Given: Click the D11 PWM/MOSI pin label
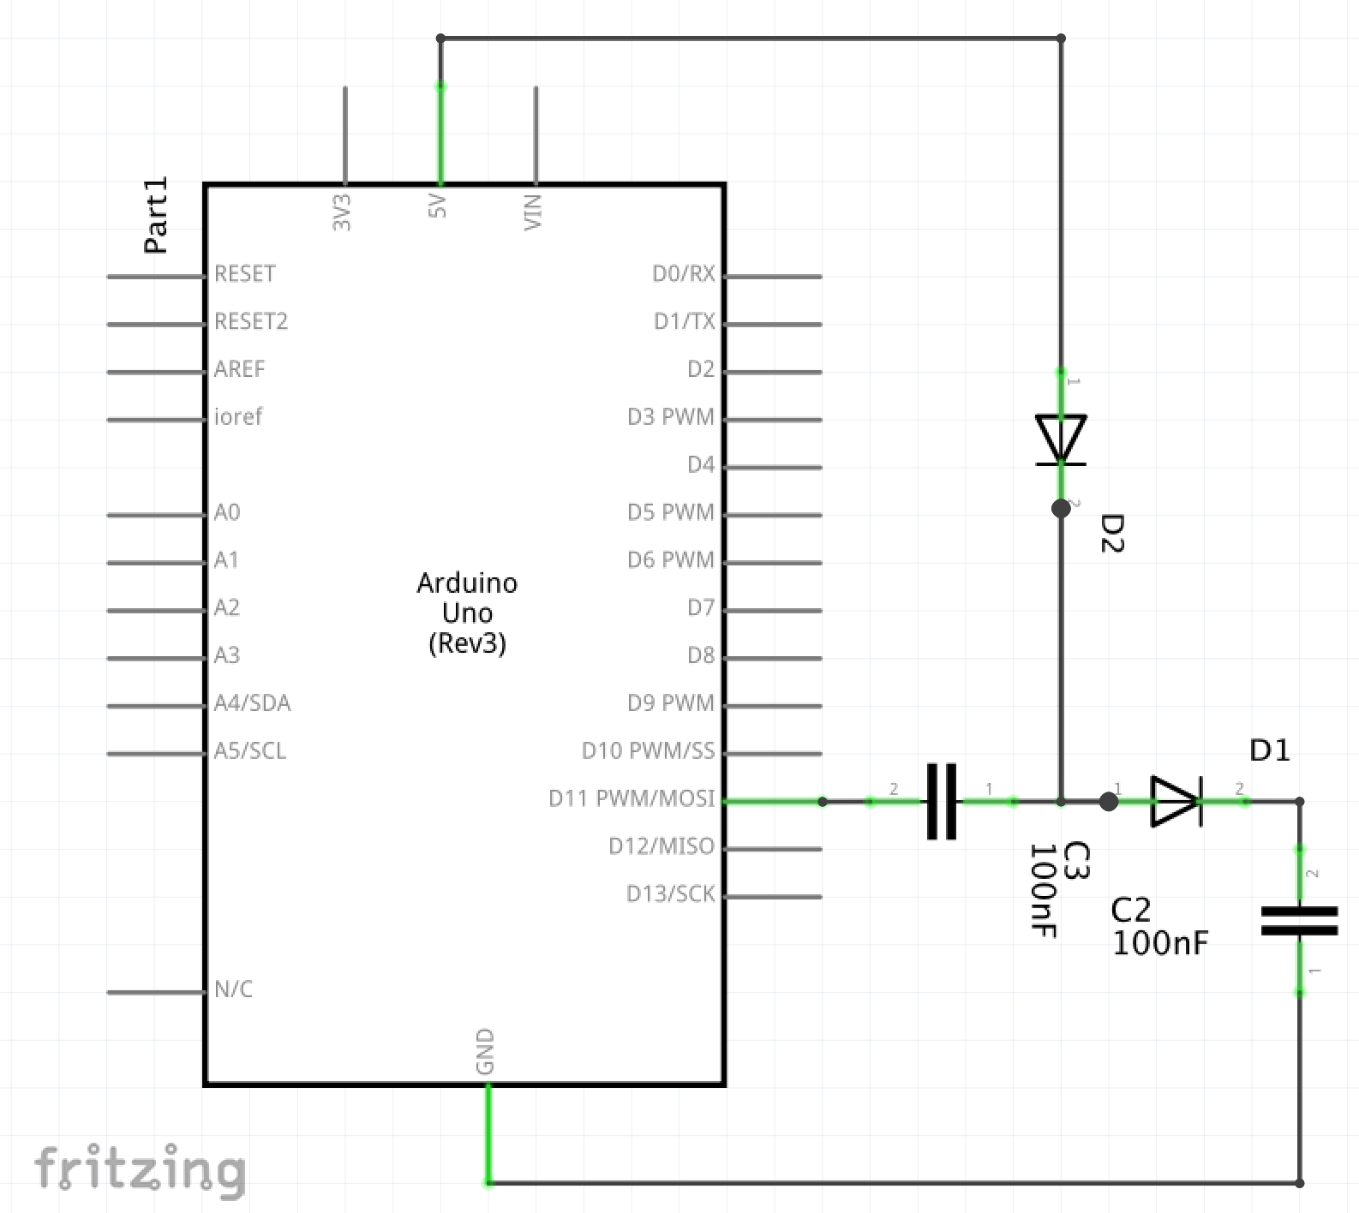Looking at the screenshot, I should [x=632, y=798].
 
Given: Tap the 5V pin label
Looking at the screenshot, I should [x=438, y=206].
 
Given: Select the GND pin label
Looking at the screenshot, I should [x=485, y=1052].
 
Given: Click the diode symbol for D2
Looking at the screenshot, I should [x=1061, y=439].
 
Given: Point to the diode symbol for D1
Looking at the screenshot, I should [x=1176, y=802].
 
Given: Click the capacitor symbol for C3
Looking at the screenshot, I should [x=942, y=802].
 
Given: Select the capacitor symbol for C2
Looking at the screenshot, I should [x=1299, y=921].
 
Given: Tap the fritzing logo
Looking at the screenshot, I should [x=140, y=1170].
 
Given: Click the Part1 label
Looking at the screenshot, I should [x=156, y=215].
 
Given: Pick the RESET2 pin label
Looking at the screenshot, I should [x=251, y=322].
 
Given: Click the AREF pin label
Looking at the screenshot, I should [x=240, y=369].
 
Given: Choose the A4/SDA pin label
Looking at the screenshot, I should [x=252, y=703].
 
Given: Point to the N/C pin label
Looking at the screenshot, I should [x=233, y=989].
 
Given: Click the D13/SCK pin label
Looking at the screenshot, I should [x=670, y=894].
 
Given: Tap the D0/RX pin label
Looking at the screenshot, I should [x=683, y=274].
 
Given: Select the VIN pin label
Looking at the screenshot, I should [x=533, y=212].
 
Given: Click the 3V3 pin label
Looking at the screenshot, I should [x=342, y=212].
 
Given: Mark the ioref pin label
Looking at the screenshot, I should [x=238, y=417].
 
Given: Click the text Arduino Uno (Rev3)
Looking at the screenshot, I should [x=467, y=612].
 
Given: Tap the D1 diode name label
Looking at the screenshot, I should [x=1270, y=750].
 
